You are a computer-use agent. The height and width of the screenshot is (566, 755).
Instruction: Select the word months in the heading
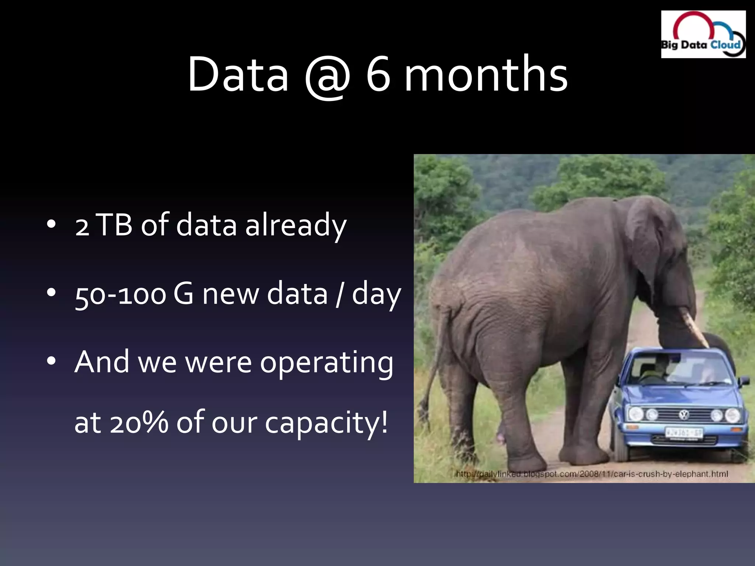click(486, 74)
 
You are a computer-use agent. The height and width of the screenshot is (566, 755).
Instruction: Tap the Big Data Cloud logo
click(703, 34)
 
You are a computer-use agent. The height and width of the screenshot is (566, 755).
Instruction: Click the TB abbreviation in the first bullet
click(115, 224)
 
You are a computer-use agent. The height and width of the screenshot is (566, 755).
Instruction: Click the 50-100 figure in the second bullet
click(120, 294)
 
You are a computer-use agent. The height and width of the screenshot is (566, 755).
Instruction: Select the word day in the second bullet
click(376, 295)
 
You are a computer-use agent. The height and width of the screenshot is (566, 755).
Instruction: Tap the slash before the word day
click(339, 294)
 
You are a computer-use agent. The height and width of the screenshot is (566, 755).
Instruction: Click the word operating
click(326, 363)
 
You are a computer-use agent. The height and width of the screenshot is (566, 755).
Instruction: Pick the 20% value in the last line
click(140, 423)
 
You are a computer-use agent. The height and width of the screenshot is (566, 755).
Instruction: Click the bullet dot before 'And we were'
click(51, 361)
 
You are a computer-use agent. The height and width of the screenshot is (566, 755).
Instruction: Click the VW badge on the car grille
click(683, 415)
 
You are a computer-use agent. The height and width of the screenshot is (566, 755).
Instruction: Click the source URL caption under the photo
click(592, 474)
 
